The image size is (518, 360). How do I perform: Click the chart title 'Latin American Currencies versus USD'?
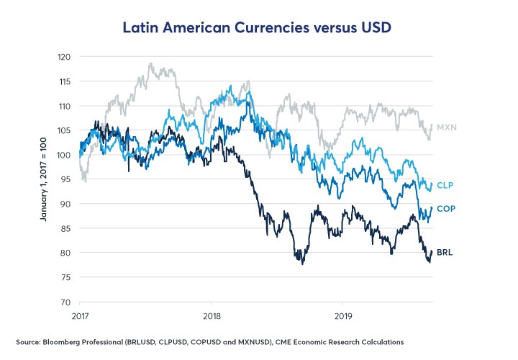258,28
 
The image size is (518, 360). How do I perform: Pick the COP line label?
447,209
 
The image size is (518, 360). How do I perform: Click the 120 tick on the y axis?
64,57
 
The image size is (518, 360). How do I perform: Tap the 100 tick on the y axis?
64,155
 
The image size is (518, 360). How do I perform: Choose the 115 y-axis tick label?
64,81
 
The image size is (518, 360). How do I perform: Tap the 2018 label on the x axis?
212,315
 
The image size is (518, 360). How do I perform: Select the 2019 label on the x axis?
342,315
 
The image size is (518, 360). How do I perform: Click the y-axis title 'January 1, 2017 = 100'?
45,179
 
